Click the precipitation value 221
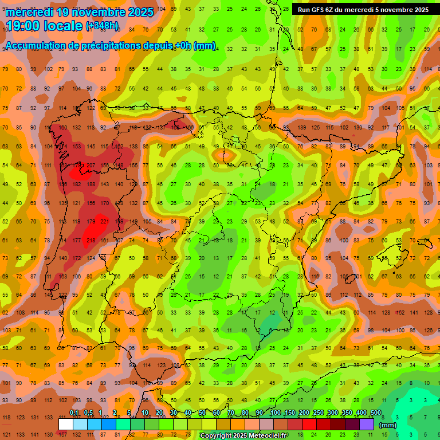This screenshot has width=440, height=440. [104, 221]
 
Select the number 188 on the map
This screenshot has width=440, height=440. [91, 184]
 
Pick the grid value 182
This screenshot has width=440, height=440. [77, 184]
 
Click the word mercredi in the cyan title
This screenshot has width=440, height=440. [30, 12]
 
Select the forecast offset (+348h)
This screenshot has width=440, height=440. [102, 26]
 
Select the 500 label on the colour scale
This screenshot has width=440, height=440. [375, 412]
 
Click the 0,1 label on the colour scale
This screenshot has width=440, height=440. [74, 412]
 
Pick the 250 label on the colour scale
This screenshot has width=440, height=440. [318, 412]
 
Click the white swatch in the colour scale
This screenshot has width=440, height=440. [65, 424]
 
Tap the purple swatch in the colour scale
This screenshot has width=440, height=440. [367, 424]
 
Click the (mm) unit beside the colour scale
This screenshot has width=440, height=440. [388, 425]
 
